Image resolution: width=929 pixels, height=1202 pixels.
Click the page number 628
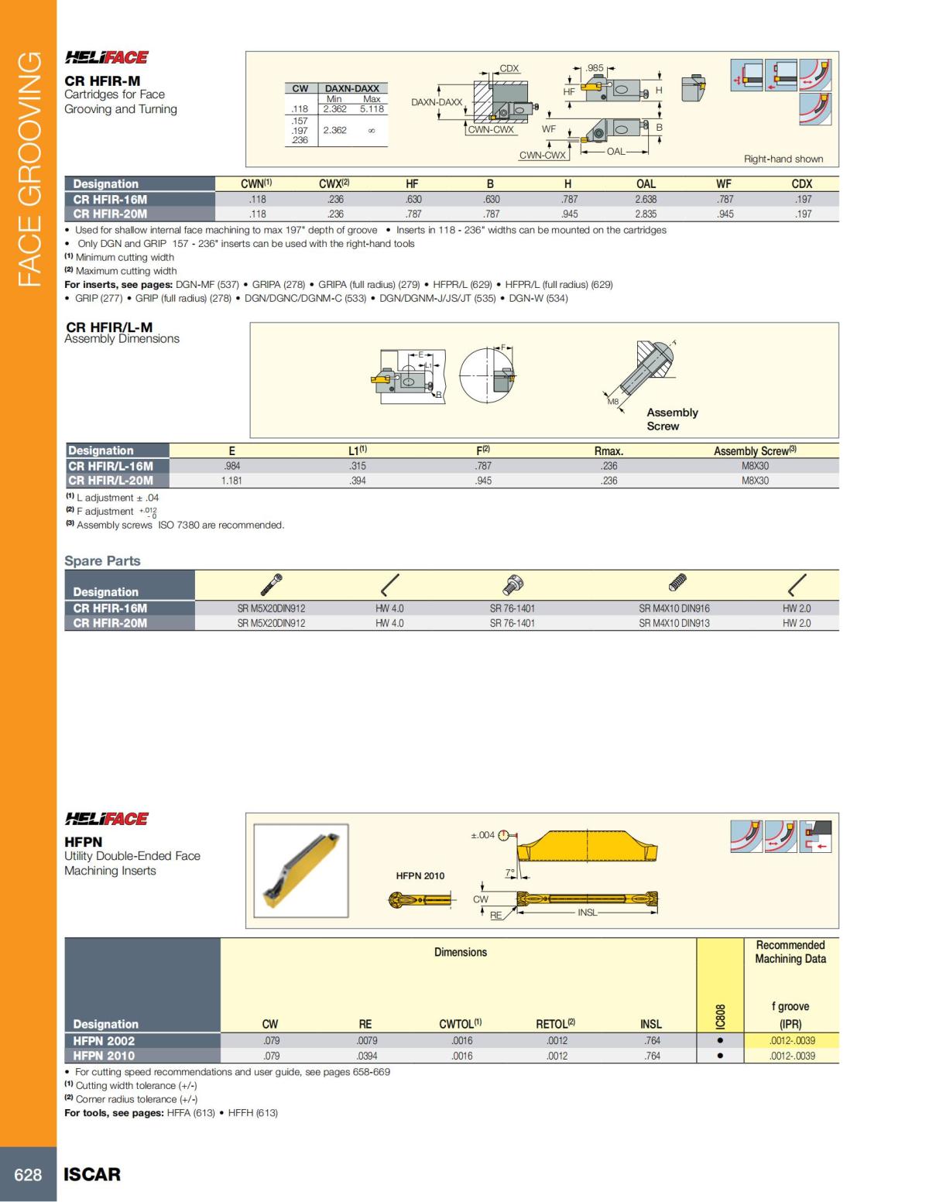(28, 1174)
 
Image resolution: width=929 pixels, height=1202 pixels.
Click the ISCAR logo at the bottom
(92, 1174)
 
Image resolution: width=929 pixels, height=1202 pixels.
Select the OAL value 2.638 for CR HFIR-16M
(646, 199)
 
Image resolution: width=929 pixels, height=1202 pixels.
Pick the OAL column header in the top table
(646, 183)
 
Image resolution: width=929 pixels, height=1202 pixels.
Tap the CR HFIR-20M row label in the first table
(110, 214)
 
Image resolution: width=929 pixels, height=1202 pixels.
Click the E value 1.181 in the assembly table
(231, 481)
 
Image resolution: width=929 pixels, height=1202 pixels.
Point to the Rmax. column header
(608, 450)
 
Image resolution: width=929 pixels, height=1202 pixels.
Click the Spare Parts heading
(102, 560)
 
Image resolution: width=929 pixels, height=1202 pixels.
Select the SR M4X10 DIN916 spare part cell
(674, 608)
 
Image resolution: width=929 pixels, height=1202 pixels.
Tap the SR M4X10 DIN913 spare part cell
(674, 623)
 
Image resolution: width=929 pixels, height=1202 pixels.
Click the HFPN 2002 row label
(104, 1041)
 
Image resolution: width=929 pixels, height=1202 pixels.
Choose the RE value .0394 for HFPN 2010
(367, 1056)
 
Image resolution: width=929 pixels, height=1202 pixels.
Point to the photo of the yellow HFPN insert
(301, 870)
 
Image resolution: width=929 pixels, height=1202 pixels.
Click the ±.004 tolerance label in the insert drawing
(482, 835)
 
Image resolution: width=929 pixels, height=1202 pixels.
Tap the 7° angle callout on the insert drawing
(510, 872)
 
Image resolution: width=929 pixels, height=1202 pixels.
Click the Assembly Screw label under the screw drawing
(672, 419)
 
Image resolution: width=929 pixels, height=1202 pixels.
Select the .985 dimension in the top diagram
(595, 68)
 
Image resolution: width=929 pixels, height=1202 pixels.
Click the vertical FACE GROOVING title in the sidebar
(29, 169)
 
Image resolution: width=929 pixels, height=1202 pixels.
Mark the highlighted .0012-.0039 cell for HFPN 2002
(791, 1041)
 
